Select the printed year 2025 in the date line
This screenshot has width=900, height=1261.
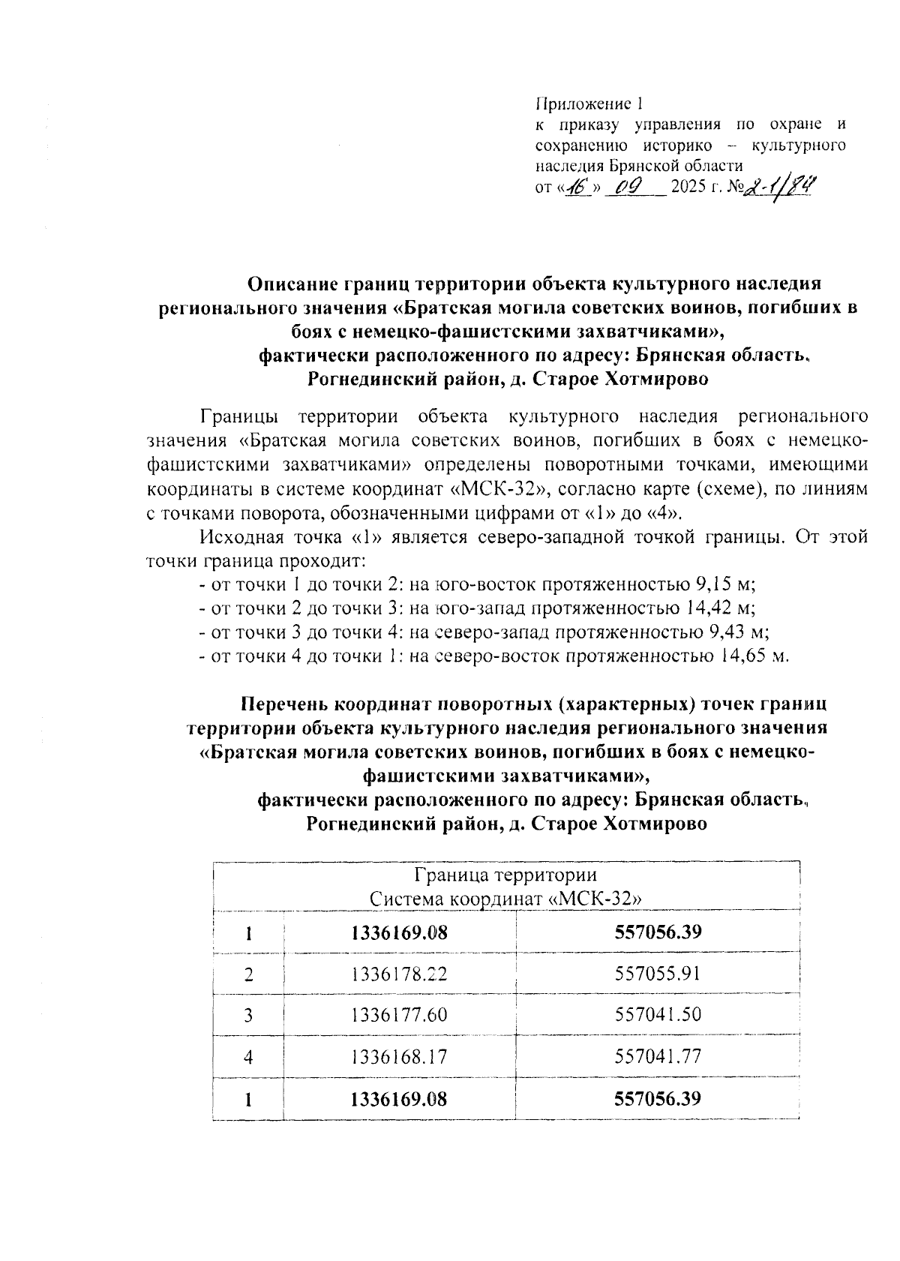click(689, 187)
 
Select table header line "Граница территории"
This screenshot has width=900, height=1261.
click(505, 875)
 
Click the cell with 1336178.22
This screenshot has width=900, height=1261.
click(399, 974)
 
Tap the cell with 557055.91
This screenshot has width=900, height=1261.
click(658, 974)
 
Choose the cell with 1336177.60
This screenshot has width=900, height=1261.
click(399, 1015)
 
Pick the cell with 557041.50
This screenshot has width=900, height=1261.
click(658, 1015)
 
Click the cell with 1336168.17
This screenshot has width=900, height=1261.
click(399, 1057)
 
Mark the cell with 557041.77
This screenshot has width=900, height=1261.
click(658, 1057)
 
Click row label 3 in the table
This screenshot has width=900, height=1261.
click(248, 1016)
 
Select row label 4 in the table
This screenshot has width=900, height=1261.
click(248, 1058)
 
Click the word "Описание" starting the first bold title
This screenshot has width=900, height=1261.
click(293, 284)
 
